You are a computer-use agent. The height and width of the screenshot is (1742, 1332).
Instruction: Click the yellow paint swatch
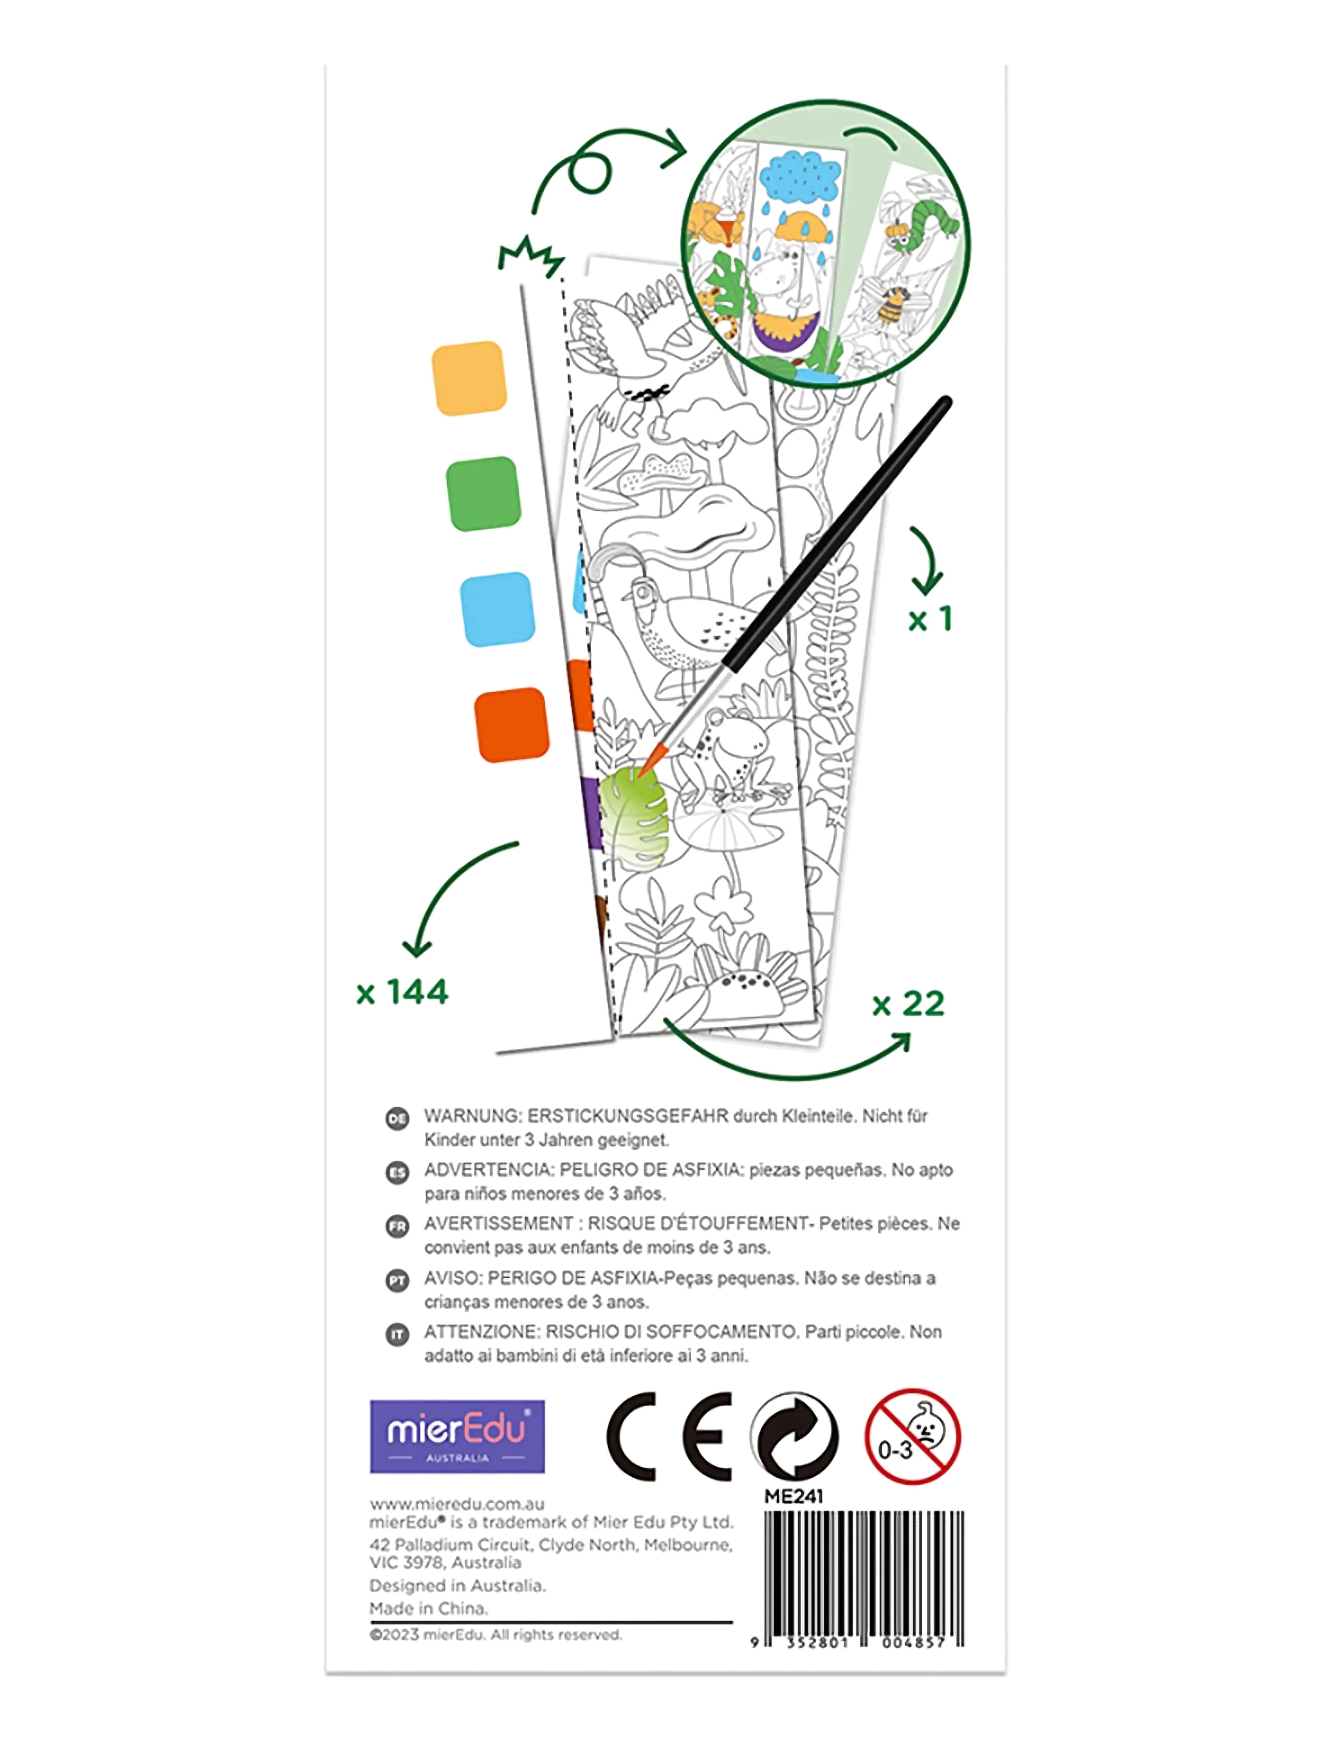point(469,378)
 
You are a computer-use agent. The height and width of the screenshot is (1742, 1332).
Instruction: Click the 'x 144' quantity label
point(403,992)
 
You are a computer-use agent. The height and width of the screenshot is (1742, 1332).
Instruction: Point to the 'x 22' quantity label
point(909,1004)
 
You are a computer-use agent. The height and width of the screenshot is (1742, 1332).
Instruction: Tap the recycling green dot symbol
point(795,1436)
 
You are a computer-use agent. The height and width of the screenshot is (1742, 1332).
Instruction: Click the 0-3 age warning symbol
point(912,1436)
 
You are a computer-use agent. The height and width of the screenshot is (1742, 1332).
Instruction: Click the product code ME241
point(794,1496)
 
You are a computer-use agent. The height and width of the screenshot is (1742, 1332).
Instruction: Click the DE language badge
point(397,1118)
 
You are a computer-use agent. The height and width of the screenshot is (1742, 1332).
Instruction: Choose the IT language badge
point(397,1335)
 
